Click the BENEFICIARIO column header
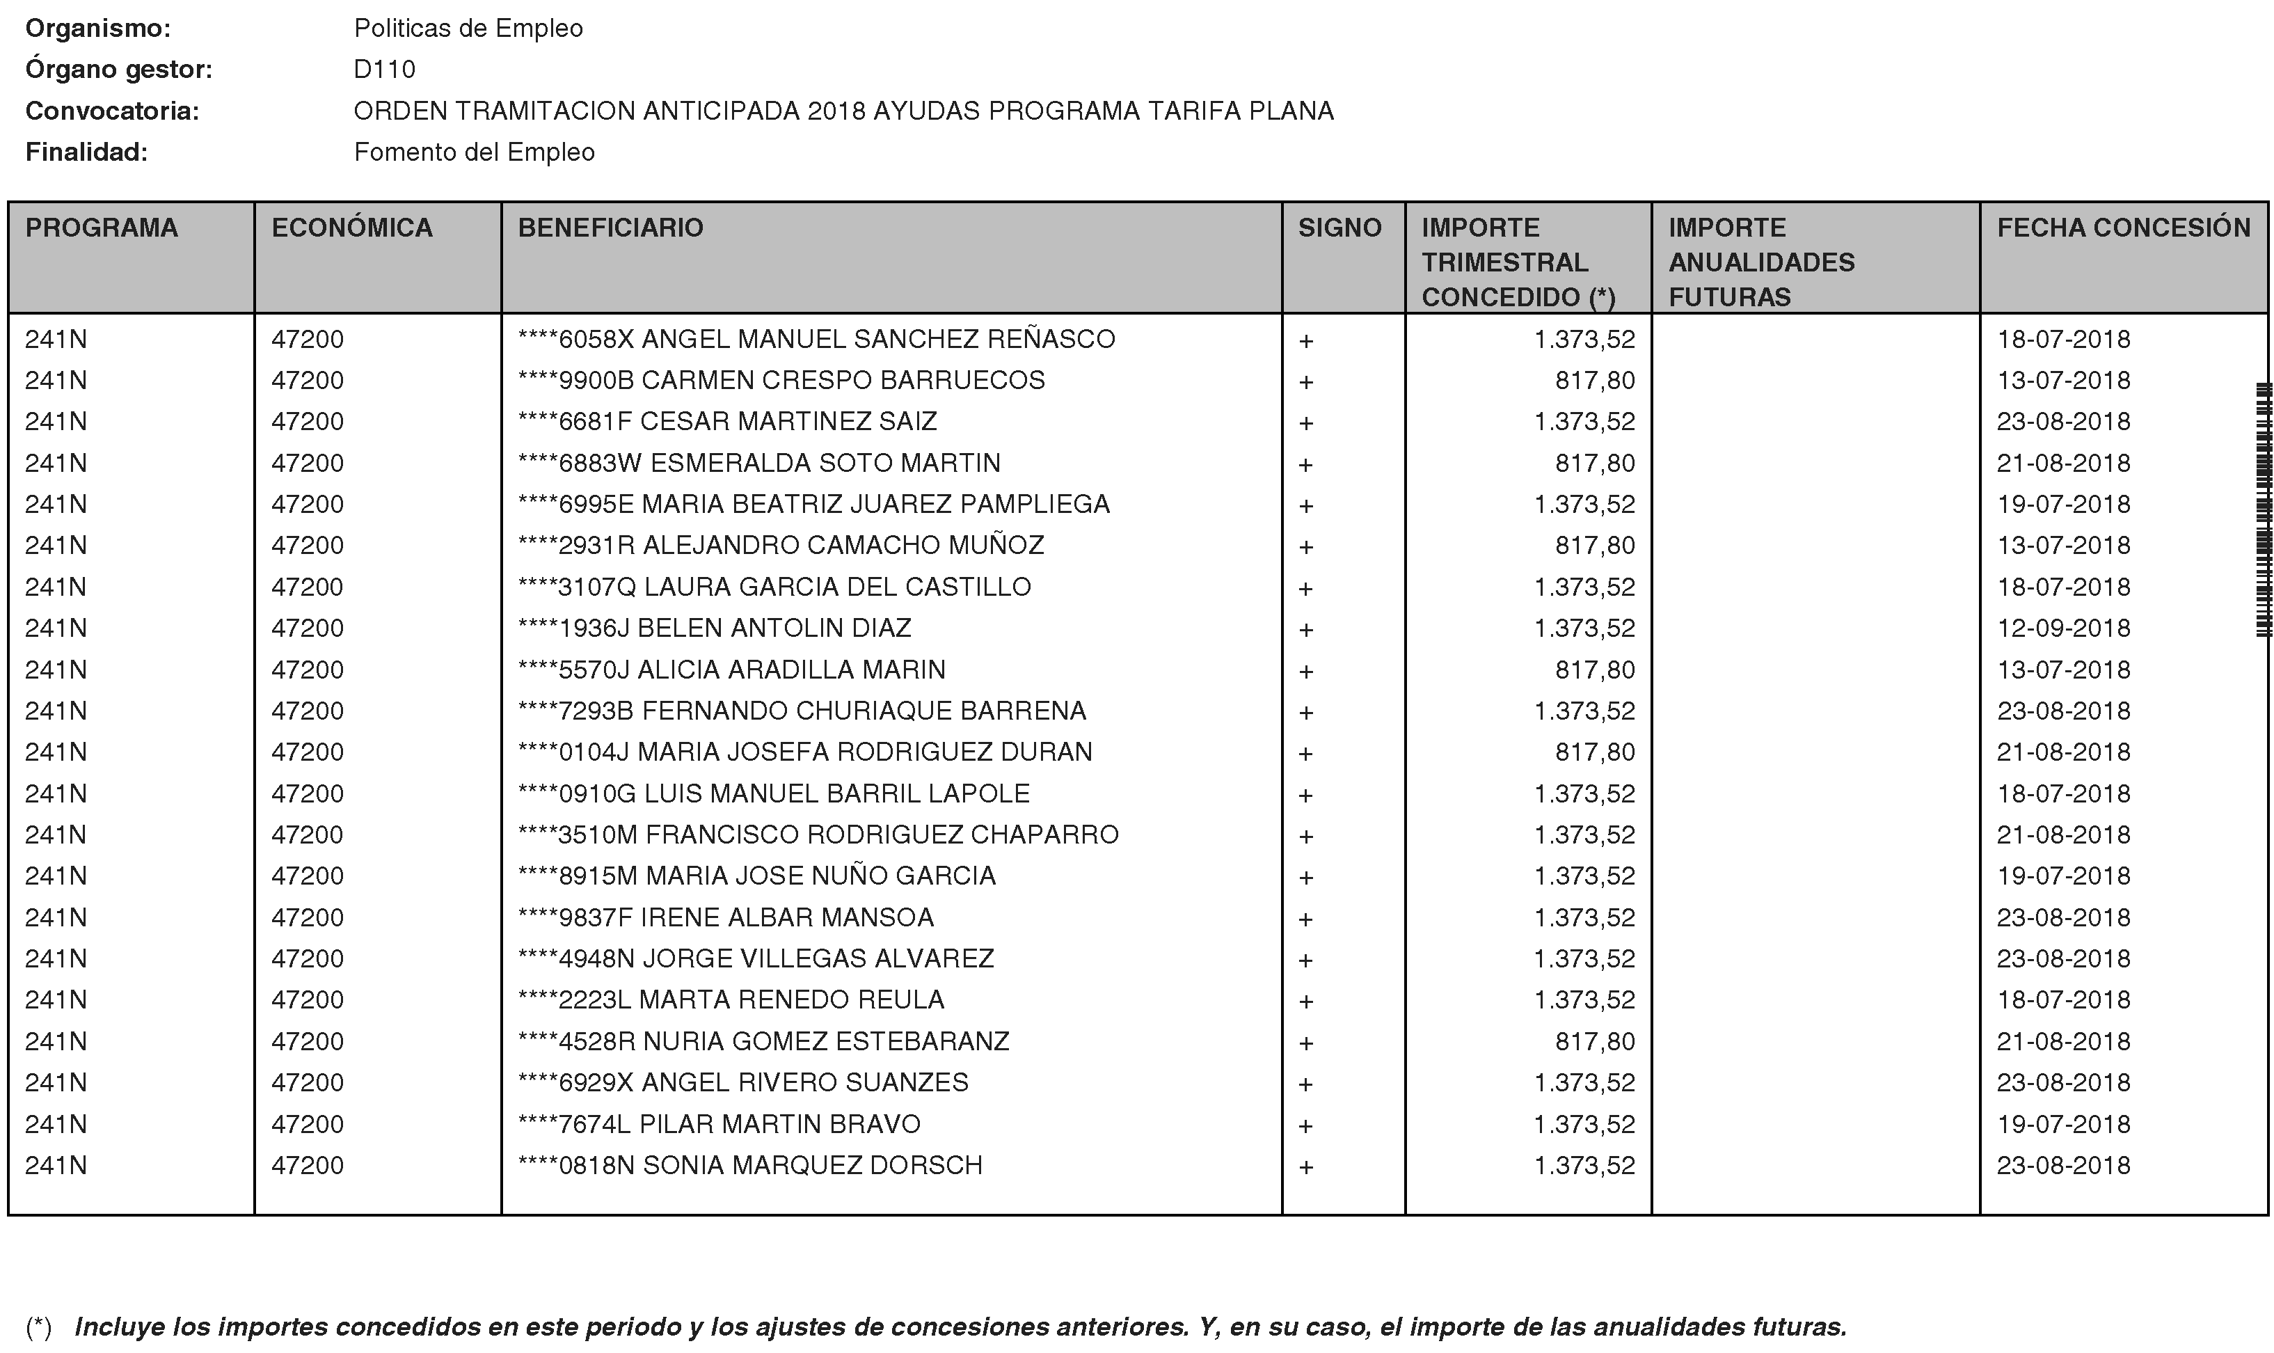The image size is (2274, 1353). click(611, 228)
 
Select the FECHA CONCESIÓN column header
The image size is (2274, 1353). click(2123, 228)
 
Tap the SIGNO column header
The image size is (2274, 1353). click(1339, 228)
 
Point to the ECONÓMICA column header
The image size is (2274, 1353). click(352, 228)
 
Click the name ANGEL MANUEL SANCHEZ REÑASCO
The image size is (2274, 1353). click(877, 339)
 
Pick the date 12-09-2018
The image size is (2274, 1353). click(2063, 628)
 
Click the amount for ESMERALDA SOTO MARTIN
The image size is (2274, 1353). click(1594, 463)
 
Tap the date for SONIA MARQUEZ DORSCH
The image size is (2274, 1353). click(2063, 1165)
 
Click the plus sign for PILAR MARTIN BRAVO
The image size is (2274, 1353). click(1305, 1126)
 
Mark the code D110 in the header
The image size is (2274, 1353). click(385, 70)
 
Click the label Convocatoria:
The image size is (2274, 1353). click(112, 111)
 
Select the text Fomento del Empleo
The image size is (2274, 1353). click(474, 152)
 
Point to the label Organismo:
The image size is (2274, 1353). click(97, 29)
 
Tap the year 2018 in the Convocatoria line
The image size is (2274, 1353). click(836, 111)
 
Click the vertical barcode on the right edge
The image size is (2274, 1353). click(2263, 511)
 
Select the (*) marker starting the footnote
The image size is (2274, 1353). click(38, 1327)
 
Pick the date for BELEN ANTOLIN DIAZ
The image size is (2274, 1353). click(2063, 628)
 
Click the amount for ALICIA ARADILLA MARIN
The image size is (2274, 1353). click(1594, 670)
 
